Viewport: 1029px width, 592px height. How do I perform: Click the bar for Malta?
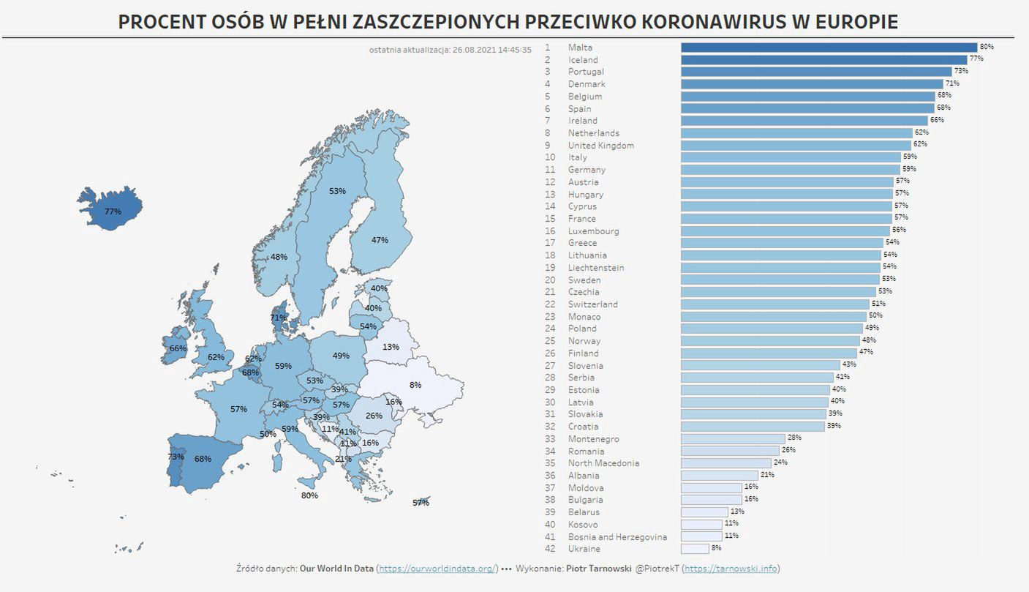tap(829, 48)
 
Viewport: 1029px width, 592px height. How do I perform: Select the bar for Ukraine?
tap(695, 549)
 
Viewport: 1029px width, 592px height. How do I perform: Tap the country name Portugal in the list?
tap(586, 72)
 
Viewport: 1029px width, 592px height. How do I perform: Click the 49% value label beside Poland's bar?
tap(872, 328)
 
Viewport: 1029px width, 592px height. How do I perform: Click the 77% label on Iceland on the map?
tap(113, 211)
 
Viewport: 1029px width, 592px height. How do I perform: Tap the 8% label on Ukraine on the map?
tap(415, 385)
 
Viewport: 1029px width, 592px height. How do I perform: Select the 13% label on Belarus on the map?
tap(391, 347)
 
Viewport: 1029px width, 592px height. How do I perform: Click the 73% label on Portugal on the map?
tap(176, 457)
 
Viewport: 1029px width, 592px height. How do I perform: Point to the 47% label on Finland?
tap(380, 240)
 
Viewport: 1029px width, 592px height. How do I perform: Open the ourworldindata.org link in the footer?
tap(437, 569)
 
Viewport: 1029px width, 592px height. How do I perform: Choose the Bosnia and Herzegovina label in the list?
tap(617, 537)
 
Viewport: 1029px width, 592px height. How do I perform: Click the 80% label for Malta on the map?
tap(309, 495)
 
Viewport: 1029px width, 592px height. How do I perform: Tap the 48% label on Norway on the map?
tap(279, 257)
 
